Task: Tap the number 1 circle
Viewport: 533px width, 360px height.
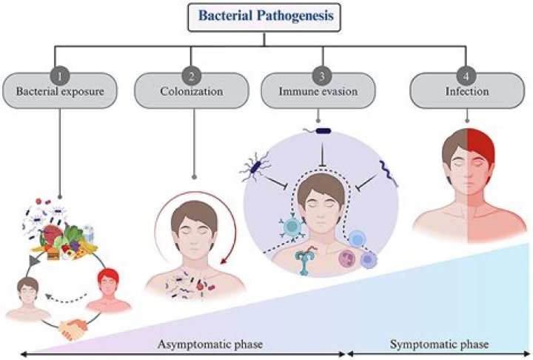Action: click(x=64, y=75)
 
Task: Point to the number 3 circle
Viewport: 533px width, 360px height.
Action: click(x=319, y=75)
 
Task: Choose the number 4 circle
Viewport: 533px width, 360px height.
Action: click(x=467, y=75)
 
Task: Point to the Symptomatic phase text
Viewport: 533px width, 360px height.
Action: click(x=438, y=344)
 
